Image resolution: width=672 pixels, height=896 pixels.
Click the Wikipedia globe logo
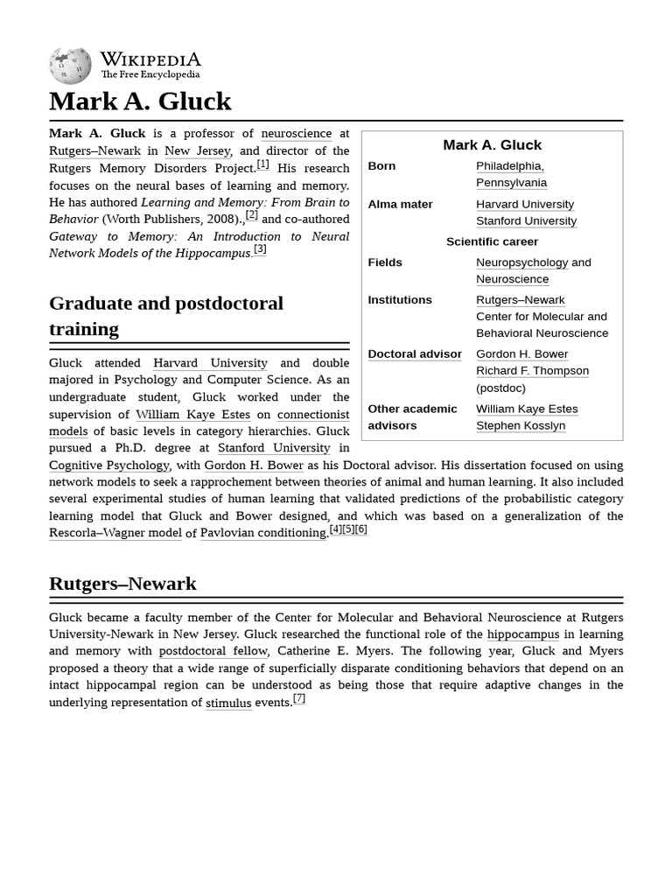pos(70,66)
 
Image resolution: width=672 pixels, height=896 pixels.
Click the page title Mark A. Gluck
pos(140,101)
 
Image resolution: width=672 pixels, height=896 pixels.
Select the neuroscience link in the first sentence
pos(296,134)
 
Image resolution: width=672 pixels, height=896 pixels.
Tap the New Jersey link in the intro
pos(198,150)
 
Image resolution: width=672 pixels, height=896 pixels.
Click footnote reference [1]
pos(262,164)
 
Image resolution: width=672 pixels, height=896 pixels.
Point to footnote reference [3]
pos(260,249)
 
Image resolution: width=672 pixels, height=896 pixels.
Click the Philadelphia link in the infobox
pos(510,166)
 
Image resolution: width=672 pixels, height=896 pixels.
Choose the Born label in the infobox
pos(381,166)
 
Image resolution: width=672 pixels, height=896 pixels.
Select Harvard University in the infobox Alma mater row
pos(525,204)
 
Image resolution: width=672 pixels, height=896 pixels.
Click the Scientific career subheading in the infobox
pos(492,241)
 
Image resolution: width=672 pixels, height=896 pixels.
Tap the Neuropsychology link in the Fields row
pos(521,262)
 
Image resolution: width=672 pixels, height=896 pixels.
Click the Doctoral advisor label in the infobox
pos(415,354)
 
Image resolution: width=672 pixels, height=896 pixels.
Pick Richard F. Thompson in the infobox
pos(532,371)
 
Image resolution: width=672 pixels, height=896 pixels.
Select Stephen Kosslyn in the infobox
pos(521,426)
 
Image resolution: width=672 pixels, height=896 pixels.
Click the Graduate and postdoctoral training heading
pos(166,316)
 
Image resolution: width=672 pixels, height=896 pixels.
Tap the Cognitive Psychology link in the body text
pos(109,465)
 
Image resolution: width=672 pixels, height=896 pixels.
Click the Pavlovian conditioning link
pos(263,533)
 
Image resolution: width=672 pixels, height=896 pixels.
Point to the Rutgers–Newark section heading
pos(122,584)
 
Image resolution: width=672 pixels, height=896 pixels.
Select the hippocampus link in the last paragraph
pos(523,634)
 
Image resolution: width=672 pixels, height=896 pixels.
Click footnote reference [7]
pos(299,698)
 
